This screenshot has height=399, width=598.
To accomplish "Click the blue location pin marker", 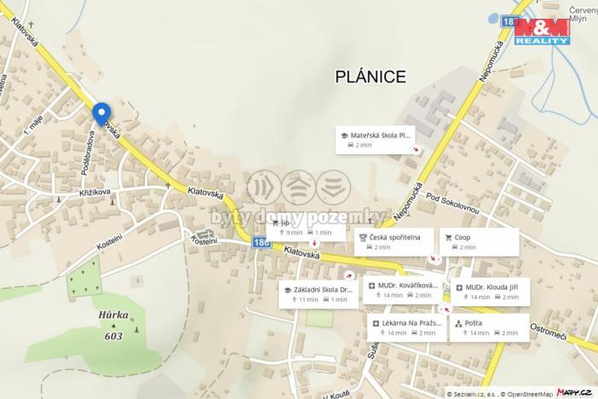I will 101,113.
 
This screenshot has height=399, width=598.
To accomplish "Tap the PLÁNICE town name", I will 370,77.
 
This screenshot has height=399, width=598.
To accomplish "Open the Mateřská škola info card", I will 378,140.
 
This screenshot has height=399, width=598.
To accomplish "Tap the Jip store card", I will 306,227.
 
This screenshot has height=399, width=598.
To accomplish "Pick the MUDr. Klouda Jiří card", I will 490,290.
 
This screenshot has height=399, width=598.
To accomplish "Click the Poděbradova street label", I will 86,154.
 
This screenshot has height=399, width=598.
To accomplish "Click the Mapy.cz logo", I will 576,391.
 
